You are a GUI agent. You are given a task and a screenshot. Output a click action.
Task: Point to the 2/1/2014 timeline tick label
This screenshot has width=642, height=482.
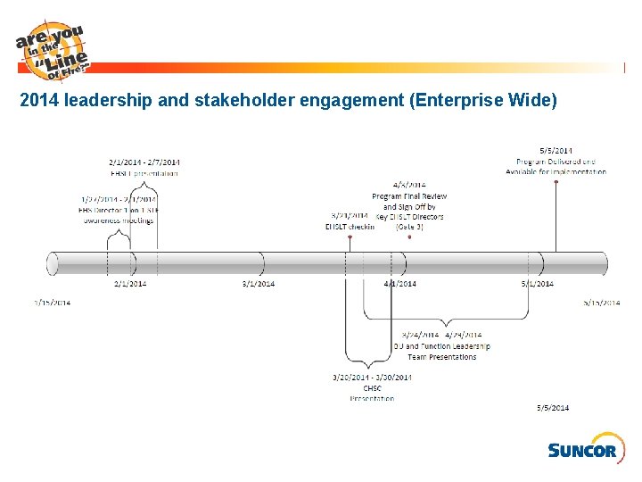pos(130,284)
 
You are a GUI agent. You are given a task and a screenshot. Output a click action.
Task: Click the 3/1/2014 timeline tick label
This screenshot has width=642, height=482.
pos(259,284)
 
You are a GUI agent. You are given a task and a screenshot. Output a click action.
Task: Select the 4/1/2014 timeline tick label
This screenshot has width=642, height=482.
pos(400,284)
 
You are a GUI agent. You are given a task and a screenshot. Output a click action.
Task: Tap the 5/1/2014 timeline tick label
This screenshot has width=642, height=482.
pos(538,284)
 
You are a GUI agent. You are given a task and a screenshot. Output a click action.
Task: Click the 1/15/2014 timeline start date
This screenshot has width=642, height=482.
pos(53,303)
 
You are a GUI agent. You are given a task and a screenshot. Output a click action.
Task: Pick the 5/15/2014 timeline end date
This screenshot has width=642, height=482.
pos(602,303)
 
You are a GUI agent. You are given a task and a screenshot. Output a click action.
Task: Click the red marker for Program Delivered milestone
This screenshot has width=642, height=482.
pos(556,181)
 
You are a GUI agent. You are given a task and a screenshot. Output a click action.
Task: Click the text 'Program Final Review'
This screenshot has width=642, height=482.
pos(409,196)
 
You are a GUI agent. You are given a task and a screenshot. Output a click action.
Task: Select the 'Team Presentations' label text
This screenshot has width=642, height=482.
pos(442,357)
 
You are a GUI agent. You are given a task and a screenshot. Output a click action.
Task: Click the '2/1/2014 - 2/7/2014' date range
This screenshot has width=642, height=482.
pos(144,162)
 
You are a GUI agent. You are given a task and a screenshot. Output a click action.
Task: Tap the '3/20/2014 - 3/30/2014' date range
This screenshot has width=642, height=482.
pos(372,378)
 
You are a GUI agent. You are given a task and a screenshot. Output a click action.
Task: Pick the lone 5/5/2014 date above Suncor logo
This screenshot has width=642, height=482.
pos(553,408)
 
